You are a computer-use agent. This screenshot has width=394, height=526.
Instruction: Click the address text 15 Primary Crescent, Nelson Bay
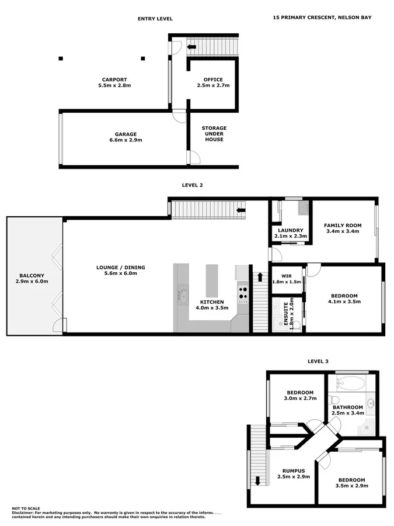(x=322, y=18)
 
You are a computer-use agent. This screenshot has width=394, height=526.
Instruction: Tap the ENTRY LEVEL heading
(x=155, y=19)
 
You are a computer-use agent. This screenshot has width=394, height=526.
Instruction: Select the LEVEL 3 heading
(x=318, y=361)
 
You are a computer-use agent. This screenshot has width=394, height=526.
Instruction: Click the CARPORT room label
(x=114, y=79)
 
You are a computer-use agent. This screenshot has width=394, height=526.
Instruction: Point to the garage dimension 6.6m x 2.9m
(x=126, y=140)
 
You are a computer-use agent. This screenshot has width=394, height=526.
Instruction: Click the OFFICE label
(x=213, y=79)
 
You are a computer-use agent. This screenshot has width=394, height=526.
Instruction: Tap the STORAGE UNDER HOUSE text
(x=214, y=134)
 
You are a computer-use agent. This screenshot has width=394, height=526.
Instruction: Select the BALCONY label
(x=32, y=275)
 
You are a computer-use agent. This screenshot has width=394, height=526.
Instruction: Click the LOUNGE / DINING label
(x=120, y=268)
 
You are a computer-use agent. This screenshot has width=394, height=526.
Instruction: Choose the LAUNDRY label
(x=290, y=230)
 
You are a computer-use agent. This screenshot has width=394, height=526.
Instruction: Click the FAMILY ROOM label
(x=343, y=225)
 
